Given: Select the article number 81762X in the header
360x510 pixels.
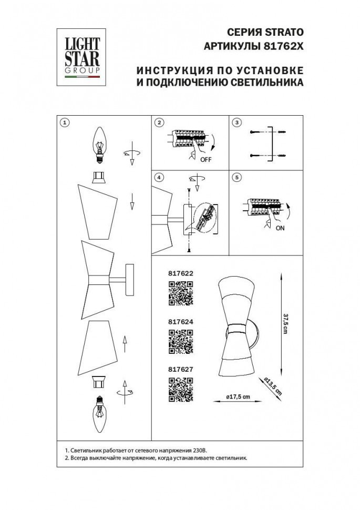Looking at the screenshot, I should [x=284, y=46].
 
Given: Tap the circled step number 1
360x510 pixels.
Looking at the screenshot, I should [x=64, y=123].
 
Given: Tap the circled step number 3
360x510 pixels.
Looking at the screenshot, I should [x=237, y=123].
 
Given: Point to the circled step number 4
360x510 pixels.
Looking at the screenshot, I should [x=159, y=177].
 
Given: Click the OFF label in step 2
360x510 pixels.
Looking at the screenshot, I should [x=205, y=160].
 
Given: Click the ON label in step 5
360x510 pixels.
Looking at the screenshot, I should [x=281, y=228].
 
